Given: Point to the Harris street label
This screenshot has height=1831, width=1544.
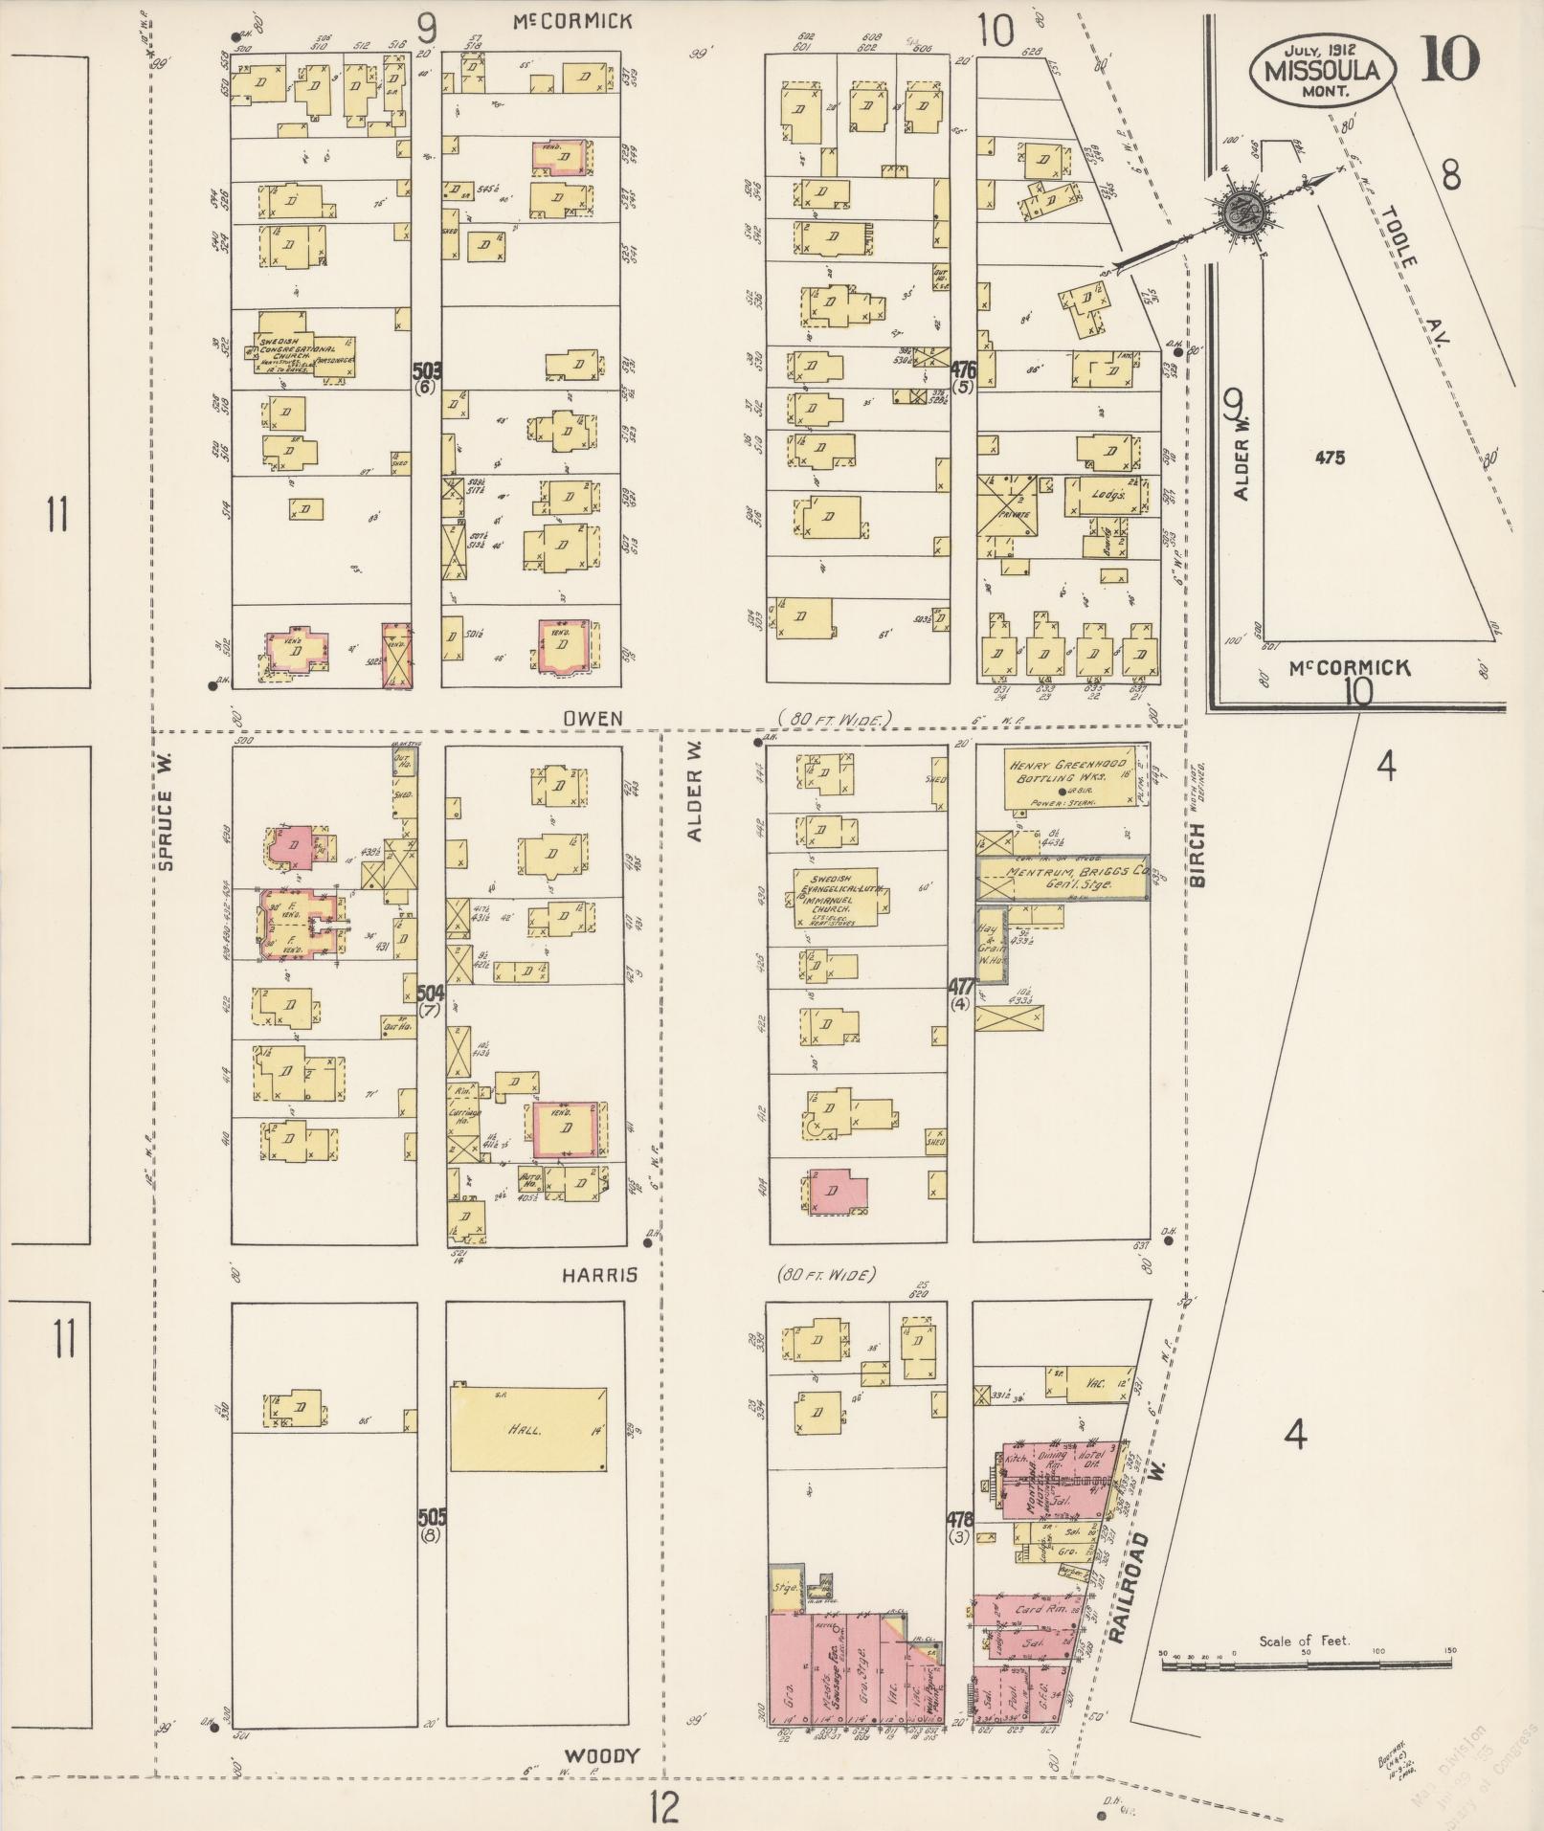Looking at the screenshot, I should click(x=599, y=1276).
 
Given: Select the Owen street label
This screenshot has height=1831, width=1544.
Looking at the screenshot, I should click(x=593, y=718).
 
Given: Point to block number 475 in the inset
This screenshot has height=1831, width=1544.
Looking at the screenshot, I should click(x=1329, y=458).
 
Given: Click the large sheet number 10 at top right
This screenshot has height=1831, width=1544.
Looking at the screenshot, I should click(x=1450, y=59).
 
